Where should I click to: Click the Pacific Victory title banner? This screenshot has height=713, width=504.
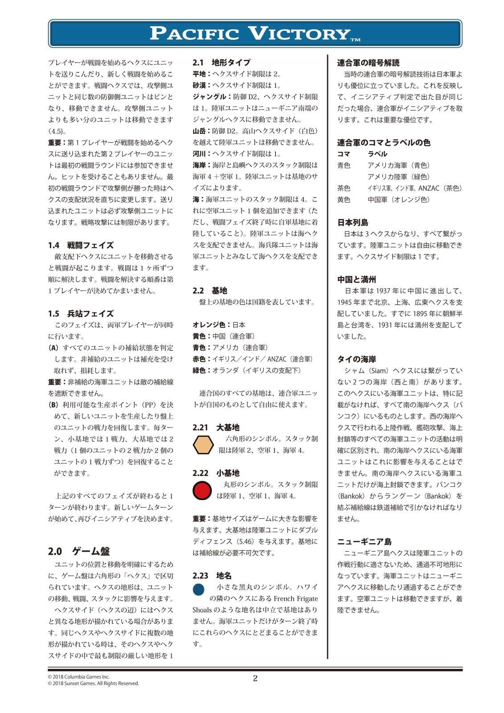[x=255, y=33]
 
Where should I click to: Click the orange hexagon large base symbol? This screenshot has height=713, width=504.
[x=203, y=445]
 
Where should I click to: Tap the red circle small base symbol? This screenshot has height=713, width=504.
[x=202, y=490]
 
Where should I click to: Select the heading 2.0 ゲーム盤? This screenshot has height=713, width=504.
[x=79, y=551]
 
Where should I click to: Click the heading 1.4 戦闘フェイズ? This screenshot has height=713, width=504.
[x=81, y=245]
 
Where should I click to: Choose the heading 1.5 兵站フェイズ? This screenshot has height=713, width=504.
[x=81, y=314]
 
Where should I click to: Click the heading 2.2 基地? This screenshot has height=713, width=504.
[x=210, y=291]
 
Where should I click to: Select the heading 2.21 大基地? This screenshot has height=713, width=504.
[x=216, y=427]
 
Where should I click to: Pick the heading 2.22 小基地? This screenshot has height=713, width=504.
[x=216, y=473]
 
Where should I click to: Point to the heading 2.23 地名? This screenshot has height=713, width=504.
[x=212, y=576]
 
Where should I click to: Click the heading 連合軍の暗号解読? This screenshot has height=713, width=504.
[x=368, y=63]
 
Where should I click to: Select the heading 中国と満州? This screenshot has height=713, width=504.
[x=356, y=279]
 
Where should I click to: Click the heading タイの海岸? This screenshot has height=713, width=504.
[x=356, y=359]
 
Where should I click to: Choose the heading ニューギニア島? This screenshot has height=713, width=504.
[x=364, y=541]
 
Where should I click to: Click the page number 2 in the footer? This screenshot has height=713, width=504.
[x=255, y=679]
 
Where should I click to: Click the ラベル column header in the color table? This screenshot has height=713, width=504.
[x=377, y=154]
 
